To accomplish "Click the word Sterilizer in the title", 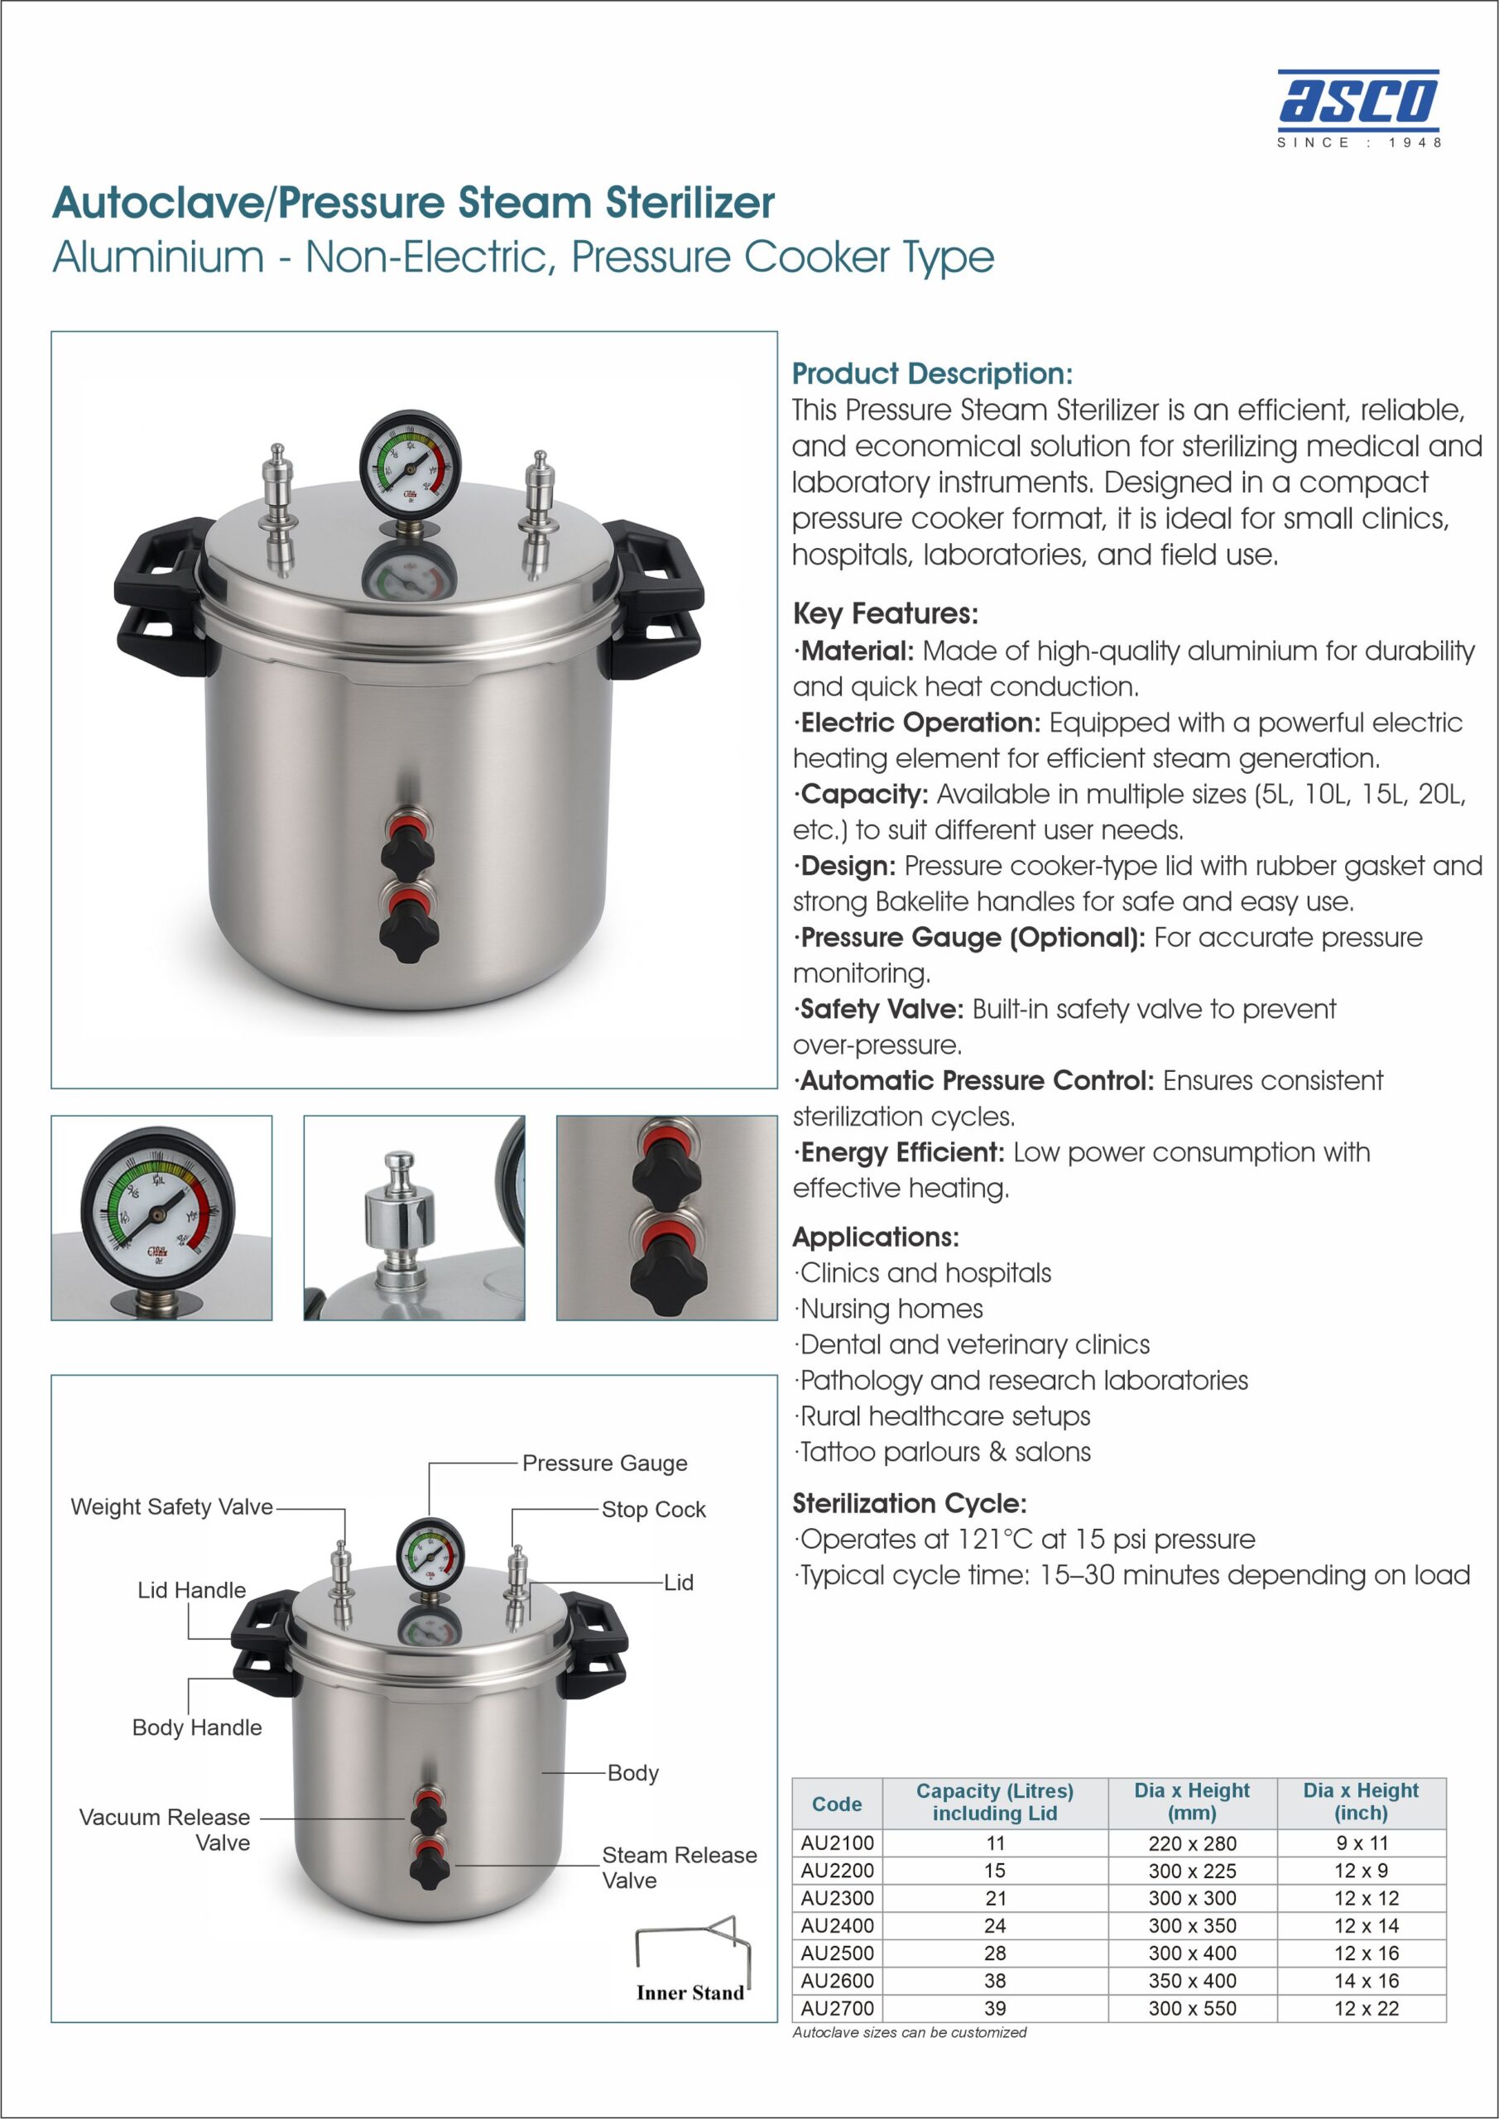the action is (x=689, y=202).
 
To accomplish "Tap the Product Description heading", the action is (x=932, y=374).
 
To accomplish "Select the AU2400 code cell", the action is (x=837, y=1925).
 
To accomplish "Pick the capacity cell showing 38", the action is (x=994, y=1981).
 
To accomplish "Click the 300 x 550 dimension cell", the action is (x=1192, y=2008).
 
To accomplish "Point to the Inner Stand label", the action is (x=689, y=1992).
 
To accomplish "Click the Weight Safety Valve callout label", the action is (x=171, y=1507).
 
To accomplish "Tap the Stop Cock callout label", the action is (x=654, y=1510).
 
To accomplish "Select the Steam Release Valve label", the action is (x=680, y=1868).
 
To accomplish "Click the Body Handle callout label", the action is (x=197, y=1727).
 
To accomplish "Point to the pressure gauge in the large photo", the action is (x=410, y=459).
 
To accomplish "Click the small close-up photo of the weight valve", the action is (x=415, y=1218).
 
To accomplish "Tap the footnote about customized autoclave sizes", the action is (x=909, y=2032).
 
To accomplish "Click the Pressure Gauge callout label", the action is (x=604, y=1463).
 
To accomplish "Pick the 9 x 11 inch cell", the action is (x=1362, y=1843).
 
